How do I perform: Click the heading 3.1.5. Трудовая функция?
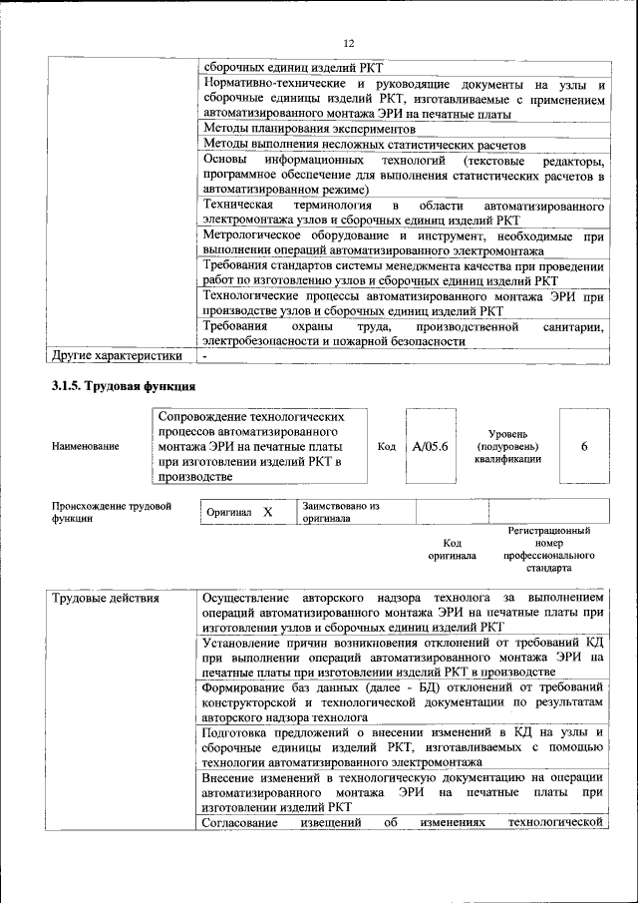click(x=124, y=385)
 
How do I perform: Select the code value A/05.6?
click(x=431, y=446)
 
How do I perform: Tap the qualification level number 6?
click(x=584, y=446)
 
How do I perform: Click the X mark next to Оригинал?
click(x=267, y=512)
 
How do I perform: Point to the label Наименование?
click(x=85, y=446)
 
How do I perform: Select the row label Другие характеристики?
click(x=117, y=355)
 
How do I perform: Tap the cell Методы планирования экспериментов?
click(x=308, y=130)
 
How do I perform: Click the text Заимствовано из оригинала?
click(x=341, y=512)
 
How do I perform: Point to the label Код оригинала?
click(x=452, y=549)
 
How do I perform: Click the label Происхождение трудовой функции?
click(x=111, y=512)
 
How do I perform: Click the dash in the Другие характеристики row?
click(x=204, y=355)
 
